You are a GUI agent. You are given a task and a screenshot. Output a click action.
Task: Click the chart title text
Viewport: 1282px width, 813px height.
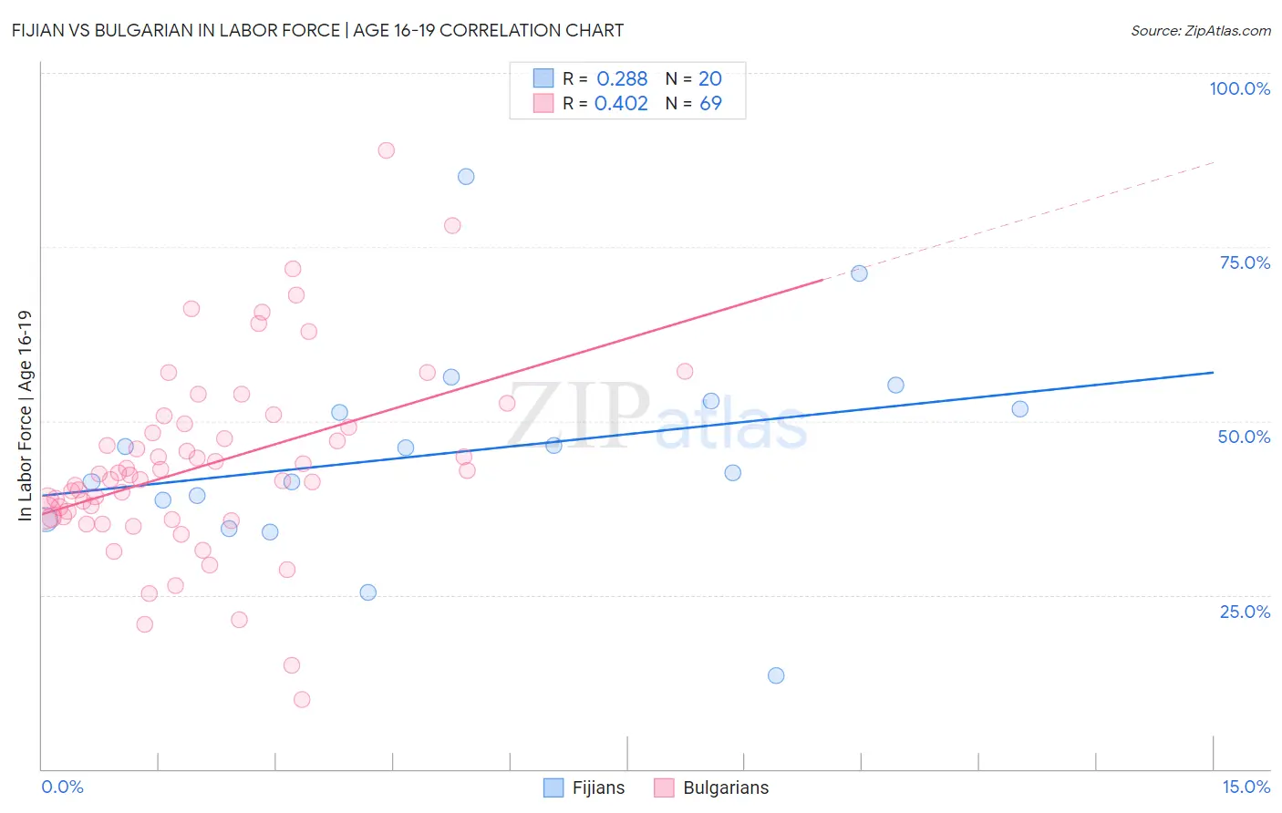point(317,30)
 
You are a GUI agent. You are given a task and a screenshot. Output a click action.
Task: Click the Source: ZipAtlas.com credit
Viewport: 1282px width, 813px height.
point(1200,30)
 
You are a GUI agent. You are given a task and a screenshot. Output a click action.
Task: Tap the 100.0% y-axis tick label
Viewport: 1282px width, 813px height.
point(1239,88)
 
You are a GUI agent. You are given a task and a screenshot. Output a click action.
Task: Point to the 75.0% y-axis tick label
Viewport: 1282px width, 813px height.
point(1245,262)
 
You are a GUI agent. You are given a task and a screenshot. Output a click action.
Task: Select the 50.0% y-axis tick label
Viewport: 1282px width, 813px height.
point(1244,437)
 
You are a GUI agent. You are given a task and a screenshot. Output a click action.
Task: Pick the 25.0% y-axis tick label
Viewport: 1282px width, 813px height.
point(1245,611)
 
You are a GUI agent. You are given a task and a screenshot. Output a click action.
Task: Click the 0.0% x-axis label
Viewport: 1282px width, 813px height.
point(62,787)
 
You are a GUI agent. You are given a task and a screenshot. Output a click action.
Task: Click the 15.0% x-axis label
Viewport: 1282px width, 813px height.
point(1246,787)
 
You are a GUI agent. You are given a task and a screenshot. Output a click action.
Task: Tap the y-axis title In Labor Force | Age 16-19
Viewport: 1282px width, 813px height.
point(26,416)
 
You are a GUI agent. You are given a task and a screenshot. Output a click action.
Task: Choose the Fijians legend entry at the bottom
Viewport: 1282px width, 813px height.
point(584,787)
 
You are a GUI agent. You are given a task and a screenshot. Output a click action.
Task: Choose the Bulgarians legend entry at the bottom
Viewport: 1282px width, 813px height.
point(712,787)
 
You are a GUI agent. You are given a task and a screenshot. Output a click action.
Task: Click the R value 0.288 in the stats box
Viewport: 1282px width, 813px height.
point(622,78)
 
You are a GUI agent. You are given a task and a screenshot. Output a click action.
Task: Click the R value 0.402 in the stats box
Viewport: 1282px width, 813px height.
point(621,103)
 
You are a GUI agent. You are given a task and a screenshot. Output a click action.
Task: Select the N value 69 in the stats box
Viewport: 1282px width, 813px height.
point(710,103)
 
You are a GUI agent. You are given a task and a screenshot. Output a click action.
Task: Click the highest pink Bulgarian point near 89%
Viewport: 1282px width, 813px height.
point(387,150)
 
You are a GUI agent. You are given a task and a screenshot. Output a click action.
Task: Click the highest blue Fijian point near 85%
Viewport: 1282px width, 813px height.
point(466,177)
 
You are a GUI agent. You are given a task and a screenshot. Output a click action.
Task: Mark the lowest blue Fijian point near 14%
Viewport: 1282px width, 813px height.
point(776,675)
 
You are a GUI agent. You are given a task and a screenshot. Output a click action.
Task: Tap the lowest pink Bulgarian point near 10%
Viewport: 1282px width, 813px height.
point(302,700)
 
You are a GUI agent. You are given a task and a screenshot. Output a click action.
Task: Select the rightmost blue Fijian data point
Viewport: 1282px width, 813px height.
point(1020,409)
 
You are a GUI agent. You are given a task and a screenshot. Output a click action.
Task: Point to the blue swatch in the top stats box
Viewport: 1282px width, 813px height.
point(543,78)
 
